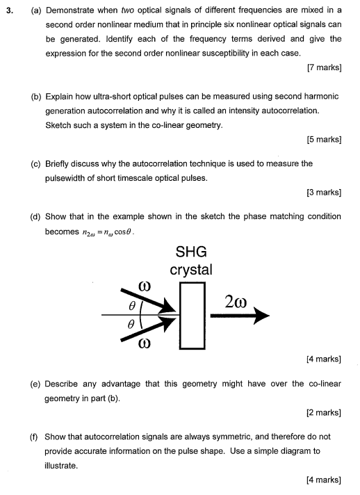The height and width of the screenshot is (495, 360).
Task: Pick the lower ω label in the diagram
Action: pyautogui.click(x=144, y=345)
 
